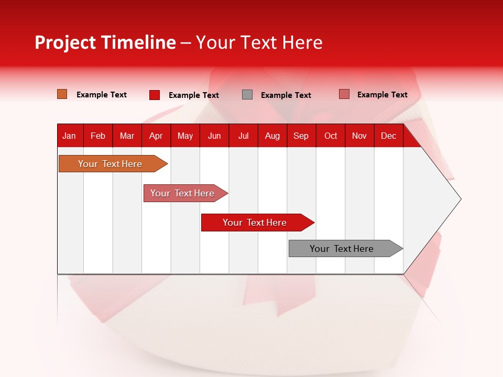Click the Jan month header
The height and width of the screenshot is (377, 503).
[x=69, y=136]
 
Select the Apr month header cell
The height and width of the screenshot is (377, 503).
[x=156, y=136]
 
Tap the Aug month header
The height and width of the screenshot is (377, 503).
[x=272, y=136]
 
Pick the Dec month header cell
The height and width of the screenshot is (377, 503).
[x=388, y=136]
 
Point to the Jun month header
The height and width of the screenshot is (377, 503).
[x=214, y=136]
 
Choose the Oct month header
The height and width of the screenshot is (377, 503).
[x=330, y=136]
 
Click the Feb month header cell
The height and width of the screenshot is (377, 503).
[x=98, y=136]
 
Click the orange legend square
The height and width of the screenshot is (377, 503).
[x=62, y=94]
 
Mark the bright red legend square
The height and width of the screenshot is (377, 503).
[x=155, y=95]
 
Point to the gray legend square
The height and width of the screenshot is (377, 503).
[x=247, y=95]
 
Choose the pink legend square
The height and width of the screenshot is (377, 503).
[x=344, y=94]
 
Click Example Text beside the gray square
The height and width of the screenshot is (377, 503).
[x=286, y=95]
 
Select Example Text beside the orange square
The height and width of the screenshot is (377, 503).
[x=102, y=95]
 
